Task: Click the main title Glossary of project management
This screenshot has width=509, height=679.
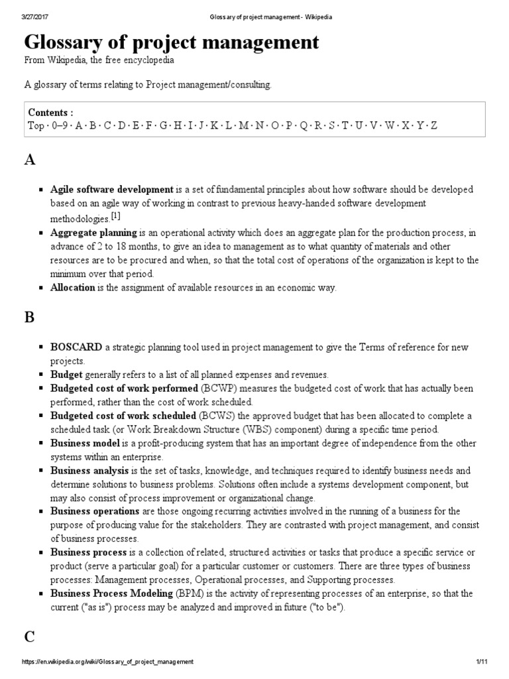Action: pos(172,42)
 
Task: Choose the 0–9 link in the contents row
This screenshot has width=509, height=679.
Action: pos(60,125)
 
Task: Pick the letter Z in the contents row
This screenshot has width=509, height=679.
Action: pos(434,125)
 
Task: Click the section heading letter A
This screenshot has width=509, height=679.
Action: pos(30,161)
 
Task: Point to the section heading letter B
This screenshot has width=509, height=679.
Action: pos(29,318)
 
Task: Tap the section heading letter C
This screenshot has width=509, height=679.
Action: pos(29,637)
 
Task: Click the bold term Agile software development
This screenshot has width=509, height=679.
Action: pos(111,190)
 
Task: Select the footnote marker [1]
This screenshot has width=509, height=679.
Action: pos(115,217)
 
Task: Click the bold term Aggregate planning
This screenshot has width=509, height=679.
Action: pos(93,233)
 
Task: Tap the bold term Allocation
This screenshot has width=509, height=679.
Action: pos(73,288)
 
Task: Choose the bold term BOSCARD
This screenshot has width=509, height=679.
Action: pos(76,347)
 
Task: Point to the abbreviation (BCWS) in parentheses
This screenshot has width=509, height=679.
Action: pos(217,416)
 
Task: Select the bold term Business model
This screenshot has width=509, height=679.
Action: pos(85,442)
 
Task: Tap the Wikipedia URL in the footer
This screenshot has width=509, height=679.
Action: pos(99,662)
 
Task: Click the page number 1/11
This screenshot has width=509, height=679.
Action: pos(481,662)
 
